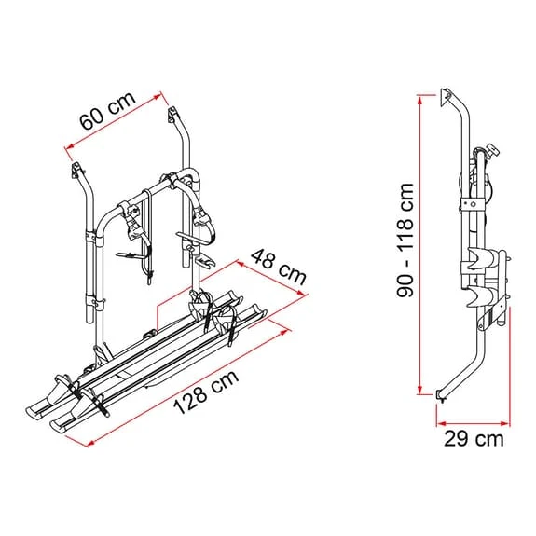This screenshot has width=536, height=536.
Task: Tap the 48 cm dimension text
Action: pyautogui.click(x=278, y=268)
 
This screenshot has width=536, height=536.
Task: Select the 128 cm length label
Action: pyautogui.click(x=206, y=392)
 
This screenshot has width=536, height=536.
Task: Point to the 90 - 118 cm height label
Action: pyautogui.click(x=405, y=241)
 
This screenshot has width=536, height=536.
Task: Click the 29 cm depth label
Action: pyautogui.click(x=474, y=438)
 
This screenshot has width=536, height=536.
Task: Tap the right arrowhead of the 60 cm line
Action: pyautogui.click(x=158, y=96)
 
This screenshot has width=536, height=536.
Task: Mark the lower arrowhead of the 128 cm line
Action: pyautogui.click(x=90, y=444)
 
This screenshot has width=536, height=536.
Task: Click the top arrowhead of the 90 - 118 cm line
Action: pyautogui.click(x=420, y=99)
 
